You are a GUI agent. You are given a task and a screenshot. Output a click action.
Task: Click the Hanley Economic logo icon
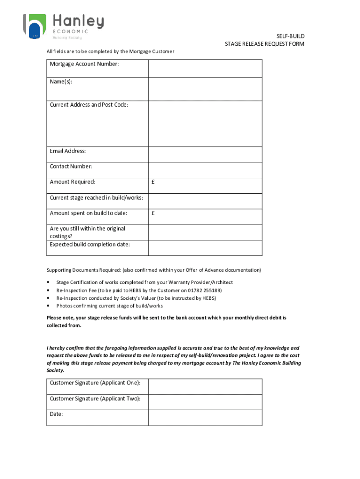click(35, 25)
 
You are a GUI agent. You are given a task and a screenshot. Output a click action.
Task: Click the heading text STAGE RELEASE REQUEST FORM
click(264, 44)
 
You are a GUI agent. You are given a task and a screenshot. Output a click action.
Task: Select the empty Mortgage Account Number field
click(205, 69)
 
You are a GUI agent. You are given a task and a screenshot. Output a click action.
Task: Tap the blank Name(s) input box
click(205, 89)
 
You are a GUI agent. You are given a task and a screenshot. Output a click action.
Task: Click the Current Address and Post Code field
click(205, 124)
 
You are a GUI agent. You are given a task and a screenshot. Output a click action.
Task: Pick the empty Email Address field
click(205, 154)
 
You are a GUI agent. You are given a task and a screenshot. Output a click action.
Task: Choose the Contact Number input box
click(205, 170)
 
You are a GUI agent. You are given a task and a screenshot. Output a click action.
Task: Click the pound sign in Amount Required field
click(153, 182)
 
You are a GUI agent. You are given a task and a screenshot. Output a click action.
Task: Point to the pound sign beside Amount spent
click(153, 213)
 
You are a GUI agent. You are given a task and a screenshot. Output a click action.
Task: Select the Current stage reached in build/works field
click(205, 201)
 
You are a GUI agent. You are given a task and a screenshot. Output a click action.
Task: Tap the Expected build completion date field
click(205, 248)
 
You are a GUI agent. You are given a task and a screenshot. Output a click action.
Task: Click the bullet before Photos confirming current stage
click(49, 306)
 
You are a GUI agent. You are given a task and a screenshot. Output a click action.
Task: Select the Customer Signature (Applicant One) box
click(205, 387)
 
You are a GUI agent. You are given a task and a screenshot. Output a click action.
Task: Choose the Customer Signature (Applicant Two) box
click(205, 402)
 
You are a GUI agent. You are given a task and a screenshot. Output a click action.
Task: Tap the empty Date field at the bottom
click(205, 418)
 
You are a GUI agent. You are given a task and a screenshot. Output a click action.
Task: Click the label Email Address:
click(68, 151)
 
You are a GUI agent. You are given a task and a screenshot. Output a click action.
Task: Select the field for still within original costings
click(205, 232)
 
